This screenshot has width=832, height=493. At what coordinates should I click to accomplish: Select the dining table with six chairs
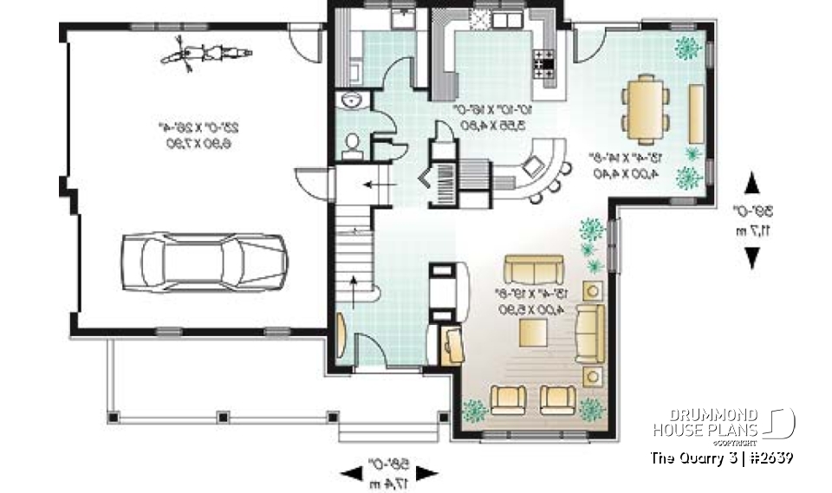coord(647,108)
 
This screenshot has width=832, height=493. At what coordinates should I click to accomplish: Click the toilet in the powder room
coord(352,146)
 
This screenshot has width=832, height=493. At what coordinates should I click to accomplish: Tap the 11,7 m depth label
coord(752,231)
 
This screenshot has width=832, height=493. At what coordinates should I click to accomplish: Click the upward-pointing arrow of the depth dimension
coord(752,183)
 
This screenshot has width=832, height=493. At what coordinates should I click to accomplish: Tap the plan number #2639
coord(768,457)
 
